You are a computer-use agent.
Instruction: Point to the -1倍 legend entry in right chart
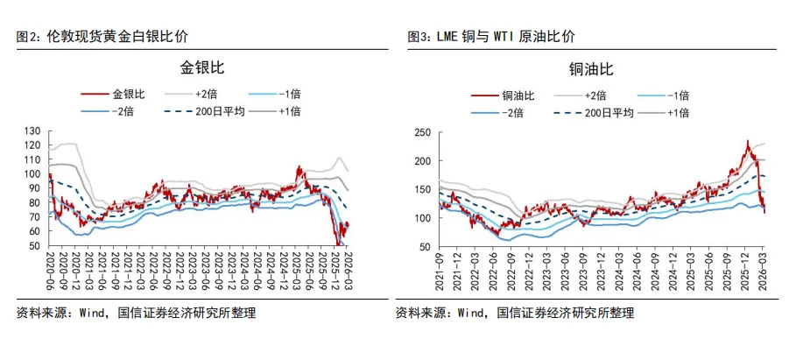[x=678, y=95]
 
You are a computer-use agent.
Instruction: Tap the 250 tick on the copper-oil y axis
[x=423, y=132]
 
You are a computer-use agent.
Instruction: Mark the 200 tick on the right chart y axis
[x=423, y=161]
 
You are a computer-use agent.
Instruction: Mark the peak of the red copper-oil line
[x=747, y=141]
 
